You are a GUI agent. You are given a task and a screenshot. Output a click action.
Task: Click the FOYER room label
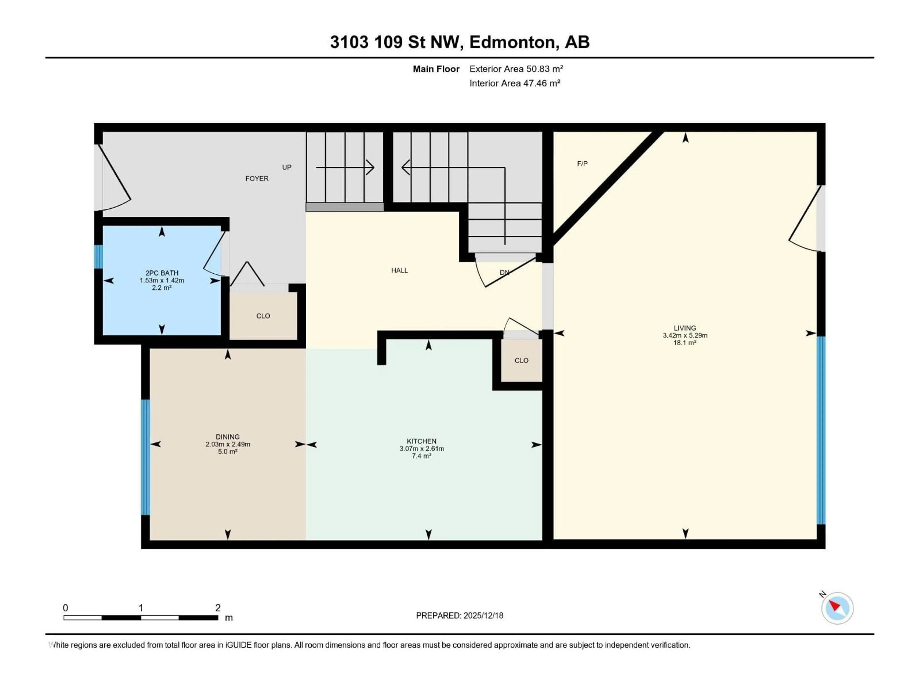click(257, 178)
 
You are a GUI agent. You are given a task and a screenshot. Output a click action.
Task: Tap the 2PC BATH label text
click(162, 273)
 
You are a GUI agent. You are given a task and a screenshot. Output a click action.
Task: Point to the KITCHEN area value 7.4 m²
click(421, 456)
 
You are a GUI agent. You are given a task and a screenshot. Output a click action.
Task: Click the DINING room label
click(228, 437)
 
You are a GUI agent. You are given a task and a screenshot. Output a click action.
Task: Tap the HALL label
click(399, 270)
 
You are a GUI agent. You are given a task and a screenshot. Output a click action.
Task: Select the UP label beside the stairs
click(287, 167)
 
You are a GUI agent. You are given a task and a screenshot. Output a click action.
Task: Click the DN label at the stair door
click(504, 272)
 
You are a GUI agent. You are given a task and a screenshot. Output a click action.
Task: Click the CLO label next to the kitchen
click(521, 360)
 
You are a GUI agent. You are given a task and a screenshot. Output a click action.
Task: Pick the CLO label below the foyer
click(263, 316)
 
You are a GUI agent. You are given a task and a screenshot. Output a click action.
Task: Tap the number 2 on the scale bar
click(218, 608)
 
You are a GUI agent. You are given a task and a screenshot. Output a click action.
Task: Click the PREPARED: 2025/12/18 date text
click(459, 615)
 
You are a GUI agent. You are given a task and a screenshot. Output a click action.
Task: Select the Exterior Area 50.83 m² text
click(516, 69)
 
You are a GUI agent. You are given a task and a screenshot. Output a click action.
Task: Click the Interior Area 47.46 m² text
click(514, 83)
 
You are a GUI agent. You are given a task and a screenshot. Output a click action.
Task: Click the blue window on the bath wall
click(98, 257)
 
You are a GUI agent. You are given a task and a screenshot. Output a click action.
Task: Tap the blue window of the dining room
click(145, 458)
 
